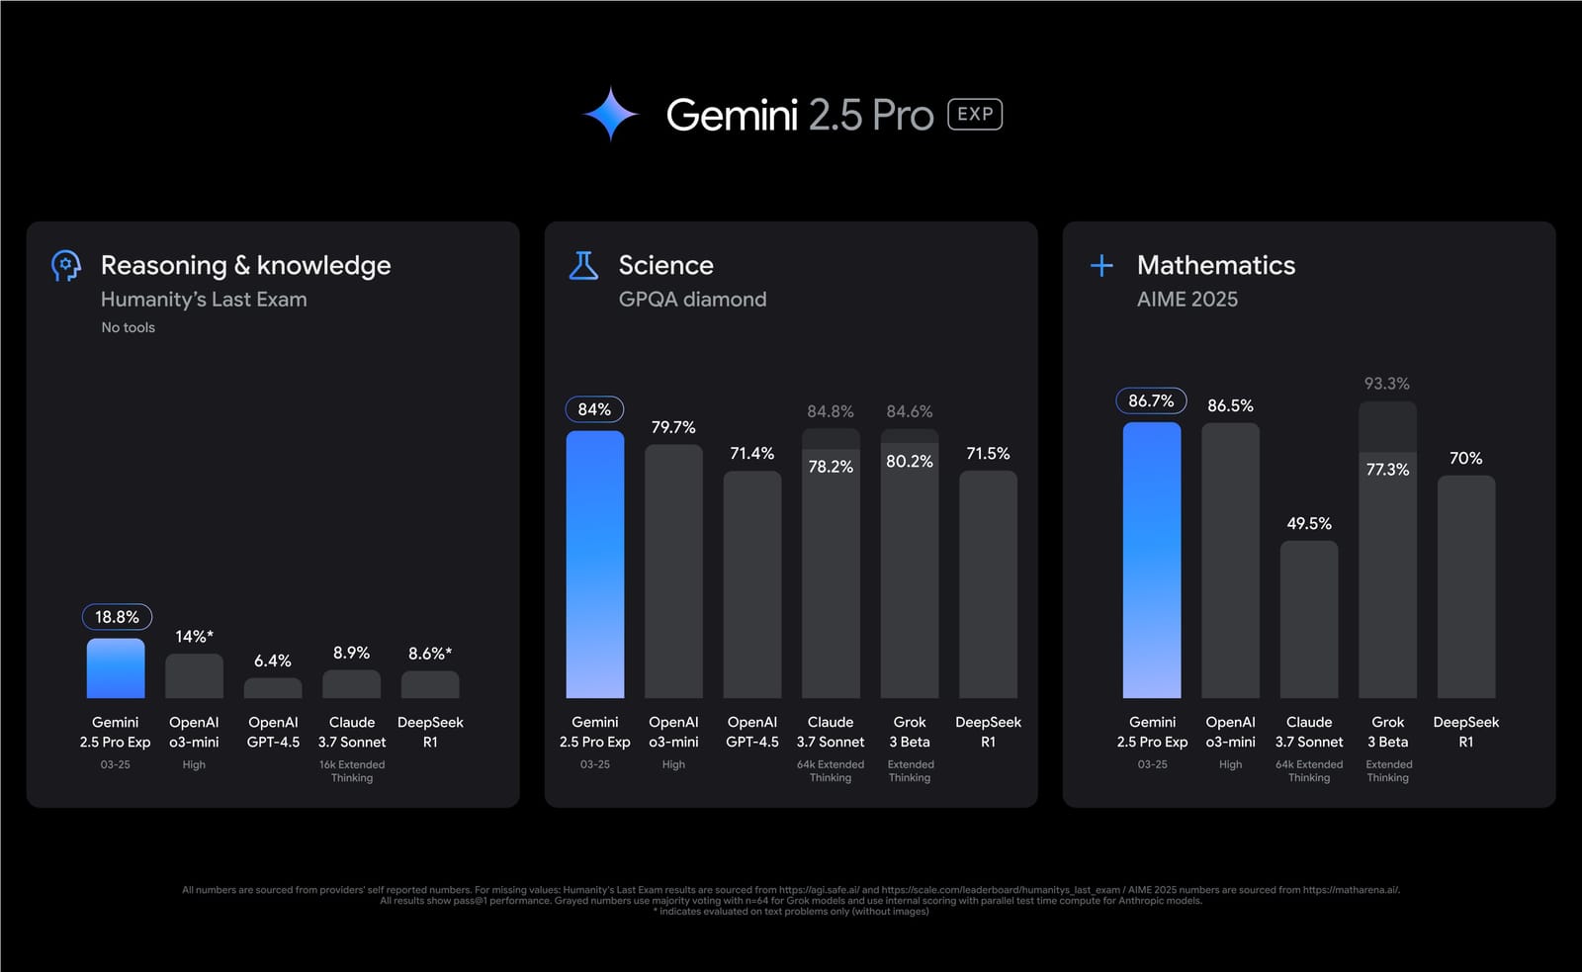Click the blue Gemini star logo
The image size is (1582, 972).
pos(610,114)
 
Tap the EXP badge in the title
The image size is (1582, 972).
pos(975,115)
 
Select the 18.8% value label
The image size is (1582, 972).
pos(117,617)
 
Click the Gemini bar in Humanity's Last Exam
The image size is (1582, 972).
pos(116,668)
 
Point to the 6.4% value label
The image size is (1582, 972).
pos(273,661)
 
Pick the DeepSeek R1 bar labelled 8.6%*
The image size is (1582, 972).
pos(430,684)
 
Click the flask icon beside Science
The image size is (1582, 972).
pos(583,265)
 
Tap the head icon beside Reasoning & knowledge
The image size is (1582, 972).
pos(66,265)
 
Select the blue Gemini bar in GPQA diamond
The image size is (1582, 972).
pos(594,564)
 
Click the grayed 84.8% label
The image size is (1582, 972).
pos(831,411)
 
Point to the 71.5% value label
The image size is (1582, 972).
pos(988,454)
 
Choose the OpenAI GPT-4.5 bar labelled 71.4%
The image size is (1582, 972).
pos(752,583)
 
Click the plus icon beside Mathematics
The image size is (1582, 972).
pos(1101,265)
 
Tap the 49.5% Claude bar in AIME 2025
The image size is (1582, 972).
pos(1309,619)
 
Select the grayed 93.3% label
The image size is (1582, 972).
pos(1387,384)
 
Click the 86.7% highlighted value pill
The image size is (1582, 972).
pos(1151,400)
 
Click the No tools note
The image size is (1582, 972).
pos(129,327)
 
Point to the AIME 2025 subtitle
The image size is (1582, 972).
pos(1187,299)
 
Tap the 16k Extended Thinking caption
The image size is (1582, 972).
pos(352,771)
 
